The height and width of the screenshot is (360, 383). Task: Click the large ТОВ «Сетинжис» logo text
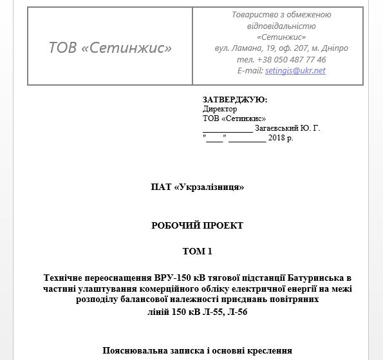point(111,48)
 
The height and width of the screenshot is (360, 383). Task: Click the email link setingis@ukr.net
point(295,70)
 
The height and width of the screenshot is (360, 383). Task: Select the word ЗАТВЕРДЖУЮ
point(234,100)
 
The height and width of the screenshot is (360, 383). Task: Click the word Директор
point(220,109)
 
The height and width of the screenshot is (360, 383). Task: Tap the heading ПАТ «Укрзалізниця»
point(197,187)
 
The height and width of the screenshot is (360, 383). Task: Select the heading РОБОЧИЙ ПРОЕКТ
point(197,225)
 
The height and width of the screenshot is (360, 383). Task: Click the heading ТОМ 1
point(197,251)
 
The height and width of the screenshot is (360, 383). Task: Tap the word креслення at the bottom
point(266,351)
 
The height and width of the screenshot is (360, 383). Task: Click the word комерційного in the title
point(167,289)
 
